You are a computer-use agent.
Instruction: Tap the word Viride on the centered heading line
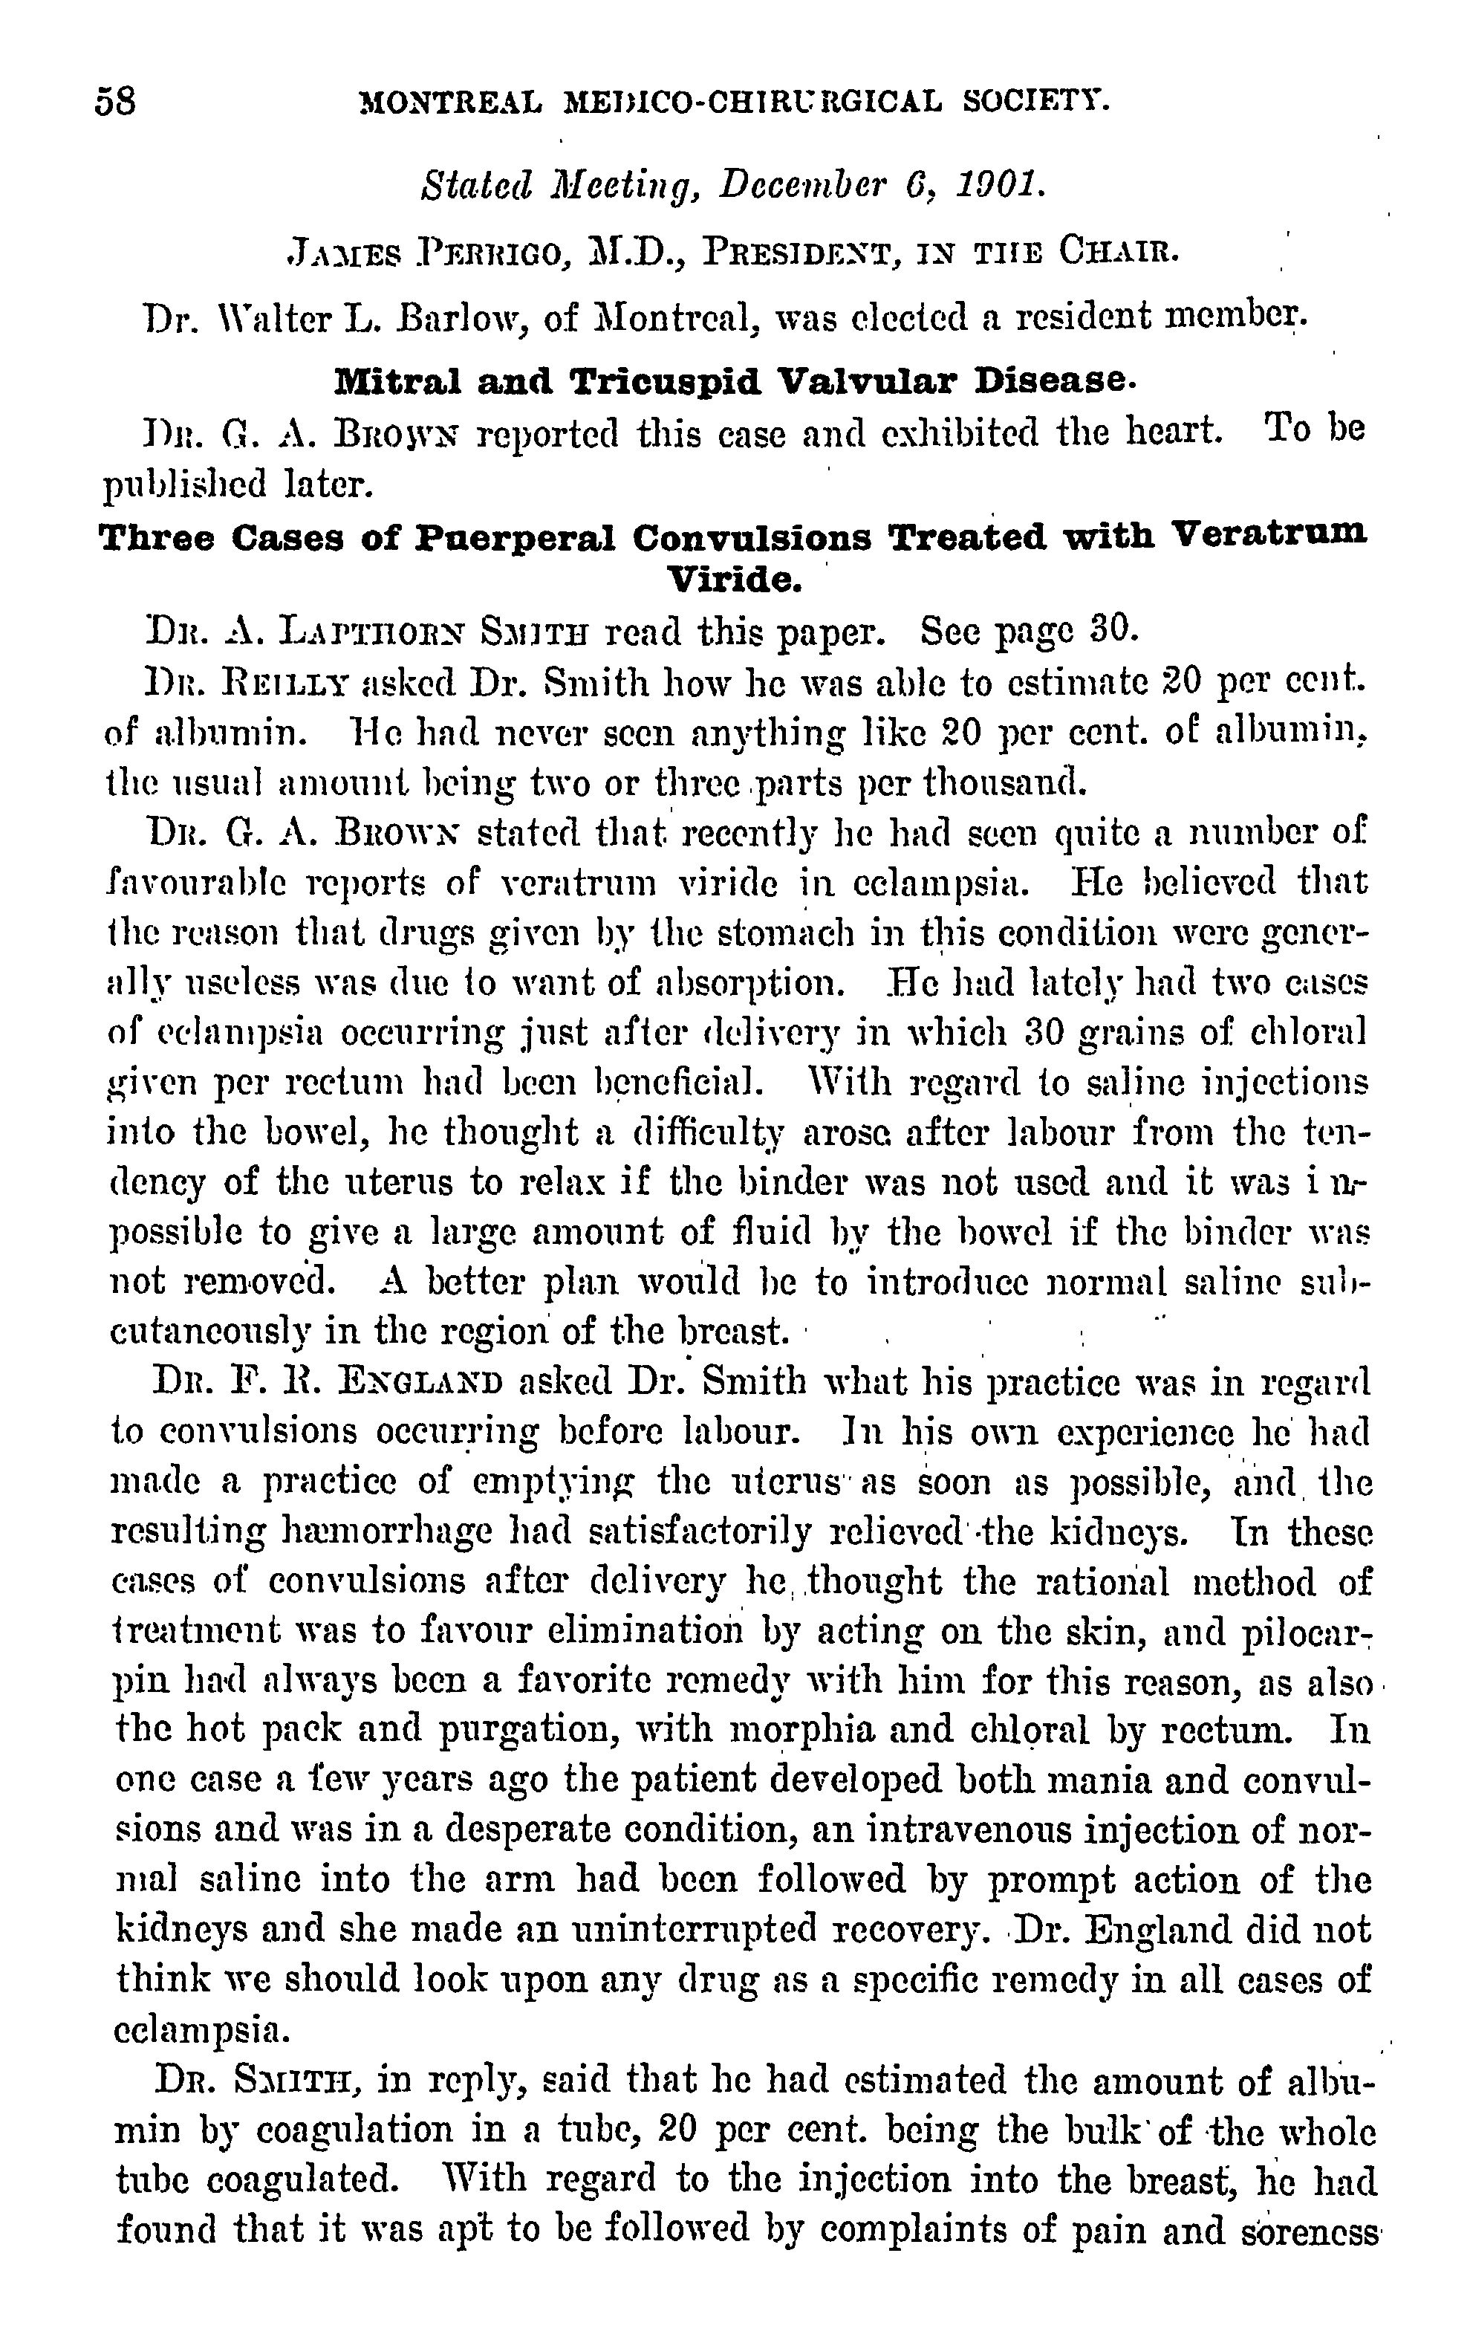pos(735,580)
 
